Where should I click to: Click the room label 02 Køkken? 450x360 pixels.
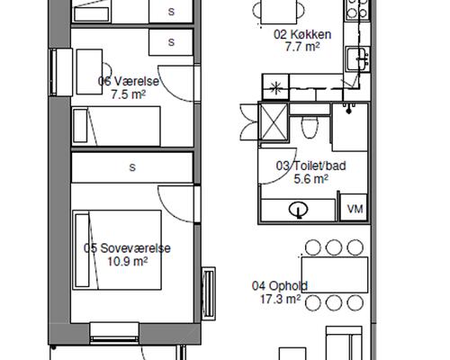click(x=302, y=34)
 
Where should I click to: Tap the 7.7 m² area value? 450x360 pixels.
click(x=302, y=47)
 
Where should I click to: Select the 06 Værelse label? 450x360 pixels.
click(x=129, y=81)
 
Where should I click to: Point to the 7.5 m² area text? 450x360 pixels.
click(x=129, y=94)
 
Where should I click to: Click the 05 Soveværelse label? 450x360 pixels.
click(x=127, y=248)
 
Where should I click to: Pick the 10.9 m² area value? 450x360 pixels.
click(x=127, y=262)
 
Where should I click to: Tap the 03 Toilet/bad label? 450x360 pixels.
click(x=310, y=166)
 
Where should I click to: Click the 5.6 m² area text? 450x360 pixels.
click(x=310, y=179)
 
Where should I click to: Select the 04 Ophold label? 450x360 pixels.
click(x=280, y=286)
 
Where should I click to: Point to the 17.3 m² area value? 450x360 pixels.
click(x=280, y=299)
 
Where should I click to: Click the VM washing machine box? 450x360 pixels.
click(x=355, y=207)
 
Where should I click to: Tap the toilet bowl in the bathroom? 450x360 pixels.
click(x=310, y=127)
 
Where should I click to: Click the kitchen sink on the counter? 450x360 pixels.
click(x=357, y=59)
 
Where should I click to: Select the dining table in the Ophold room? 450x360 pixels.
click(x=335, y=274)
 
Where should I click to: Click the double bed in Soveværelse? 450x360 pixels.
click(x=117, y=250)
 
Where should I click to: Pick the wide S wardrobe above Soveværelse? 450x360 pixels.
click(x=132, y=167)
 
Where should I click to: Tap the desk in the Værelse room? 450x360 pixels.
click(x=89, y=72)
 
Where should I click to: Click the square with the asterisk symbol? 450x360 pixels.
click(x=275, y=87)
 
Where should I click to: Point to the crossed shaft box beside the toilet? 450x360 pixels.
click(x=274, y=121)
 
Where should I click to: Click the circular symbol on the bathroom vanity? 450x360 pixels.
click(x=299, y=210)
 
